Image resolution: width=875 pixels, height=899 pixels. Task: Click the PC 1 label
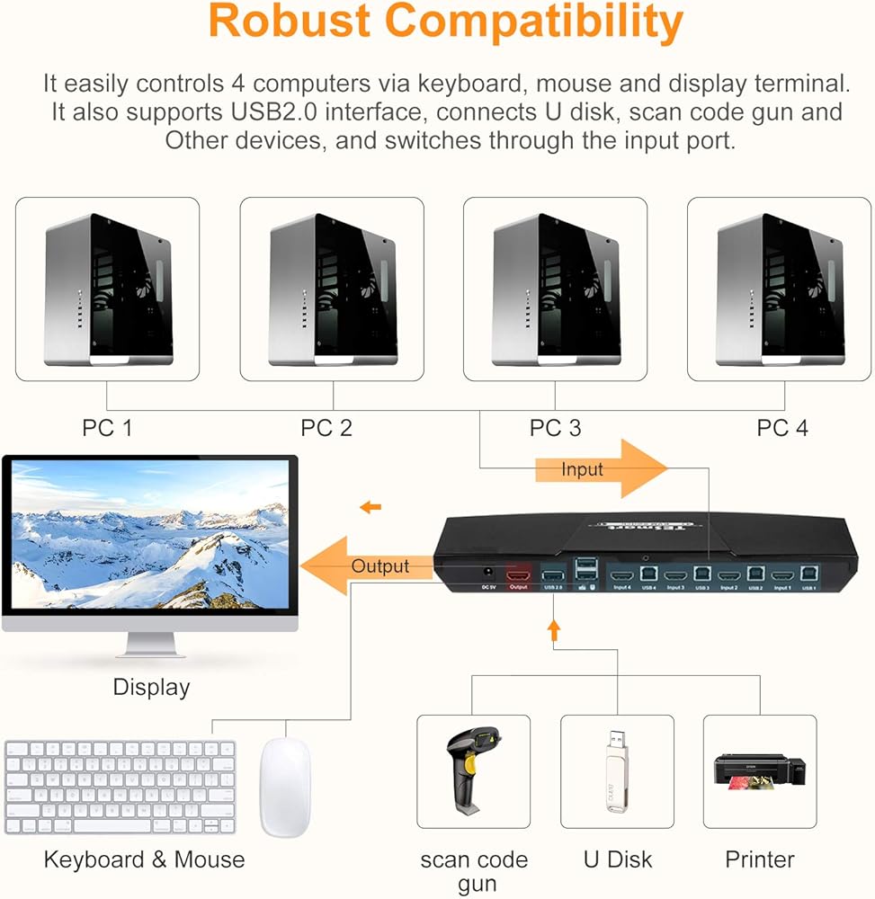point(107,428)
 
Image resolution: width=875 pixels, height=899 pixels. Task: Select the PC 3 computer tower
point(555,289)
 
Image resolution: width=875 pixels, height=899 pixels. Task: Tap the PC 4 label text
point(781,428)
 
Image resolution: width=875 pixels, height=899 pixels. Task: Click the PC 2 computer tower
point(332,289)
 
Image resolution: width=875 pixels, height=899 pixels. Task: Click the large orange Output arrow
point(364,566)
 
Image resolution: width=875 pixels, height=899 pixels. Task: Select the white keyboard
point(121,788)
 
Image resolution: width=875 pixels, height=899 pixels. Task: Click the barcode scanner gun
point(472,770)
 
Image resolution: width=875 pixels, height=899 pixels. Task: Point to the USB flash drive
point(616,772)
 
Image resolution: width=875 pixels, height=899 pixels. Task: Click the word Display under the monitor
point(151,688)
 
